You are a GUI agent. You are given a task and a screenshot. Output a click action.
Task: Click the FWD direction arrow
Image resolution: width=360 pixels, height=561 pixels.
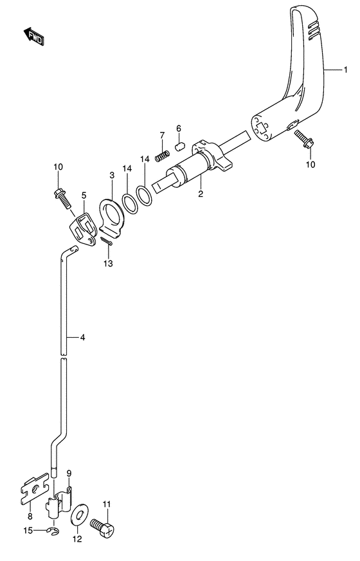coord(34,36)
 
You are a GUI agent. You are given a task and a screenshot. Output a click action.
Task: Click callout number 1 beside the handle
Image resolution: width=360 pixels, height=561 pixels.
coord(345,69)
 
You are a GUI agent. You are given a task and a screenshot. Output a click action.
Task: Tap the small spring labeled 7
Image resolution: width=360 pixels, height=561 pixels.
coord(163,156)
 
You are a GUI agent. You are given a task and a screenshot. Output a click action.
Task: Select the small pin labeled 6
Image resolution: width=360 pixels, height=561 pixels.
coord(179,146)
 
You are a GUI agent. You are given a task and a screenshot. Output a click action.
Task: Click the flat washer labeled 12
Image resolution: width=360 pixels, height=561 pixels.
coord(79,515)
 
